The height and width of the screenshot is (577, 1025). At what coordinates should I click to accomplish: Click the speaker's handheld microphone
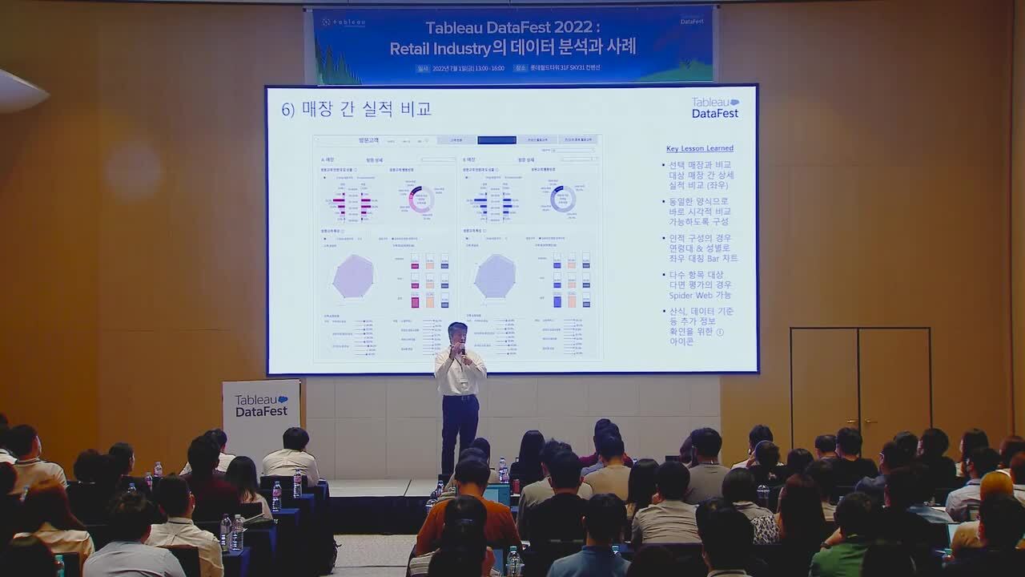pos(461,349)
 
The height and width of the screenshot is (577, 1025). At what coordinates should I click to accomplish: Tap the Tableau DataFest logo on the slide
pos(715,108)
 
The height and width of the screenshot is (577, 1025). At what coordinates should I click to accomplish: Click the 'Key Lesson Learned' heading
pos(699,148)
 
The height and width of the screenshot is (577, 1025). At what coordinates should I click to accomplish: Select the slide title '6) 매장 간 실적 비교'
pos(356,109)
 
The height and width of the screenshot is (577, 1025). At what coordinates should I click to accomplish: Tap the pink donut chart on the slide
pos(420,199)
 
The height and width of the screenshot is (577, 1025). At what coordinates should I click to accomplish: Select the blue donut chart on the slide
pos(563,199)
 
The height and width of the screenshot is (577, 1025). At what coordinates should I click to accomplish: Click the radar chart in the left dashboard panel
pos(353,276)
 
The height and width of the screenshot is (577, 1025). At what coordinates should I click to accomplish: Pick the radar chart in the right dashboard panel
pos(495,276)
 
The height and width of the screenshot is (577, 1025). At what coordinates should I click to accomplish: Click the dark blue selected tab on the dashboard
pos(496,139)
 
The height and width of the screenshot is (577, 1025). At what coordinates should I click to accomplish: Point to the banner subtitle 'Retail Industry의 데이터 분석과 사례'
pos(512,48)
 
